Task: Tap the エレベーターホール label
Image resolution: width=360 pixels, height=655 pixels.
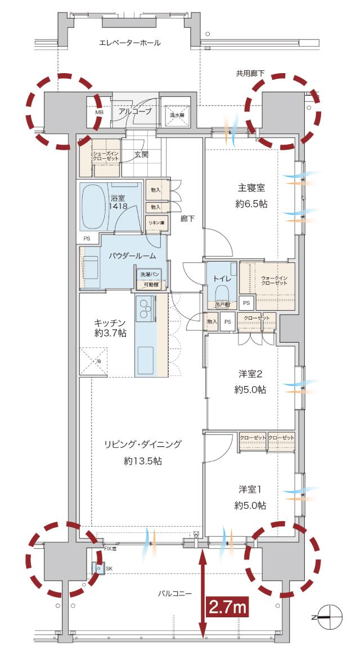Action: pyautogui.click(x=129, y=43)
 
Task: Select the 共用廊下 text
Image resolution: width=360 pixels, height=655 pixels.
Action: pyautogui.click(x=250, y=73)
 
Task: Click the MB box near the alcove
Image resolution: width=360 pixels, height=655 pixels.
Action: pyautogui.click(x=99, y=112)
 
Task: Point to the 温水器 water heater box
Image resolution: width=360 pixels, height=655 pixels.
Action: pyautogui.click(x=177, y=114)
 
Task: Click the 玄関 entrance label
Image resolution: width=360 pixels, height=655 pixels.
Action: pyautogui.click(x=141, y=154)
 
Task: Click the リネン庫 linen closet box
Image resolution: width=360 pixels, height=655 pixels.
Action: pyautogui.click(x=156, y=223)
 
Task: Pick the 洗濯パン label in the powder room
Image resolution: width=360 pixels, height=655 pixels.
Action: pyautogui.click(x=150, y=274)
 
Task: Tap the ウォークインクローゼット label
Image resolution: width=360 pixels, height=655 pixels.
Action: pyautogui.click(x=274, y=280)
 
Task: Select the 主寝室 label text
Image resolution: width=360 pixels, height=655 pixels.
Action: pyautogui.click(x=250, y=189)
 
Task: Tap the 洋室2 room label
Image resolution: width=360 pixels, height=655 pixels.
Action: pyautogui.click(x=251, y=373)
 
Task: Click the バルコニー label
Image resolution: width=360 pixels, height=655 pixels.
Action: pyautogui.click(x=175, y=594)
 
